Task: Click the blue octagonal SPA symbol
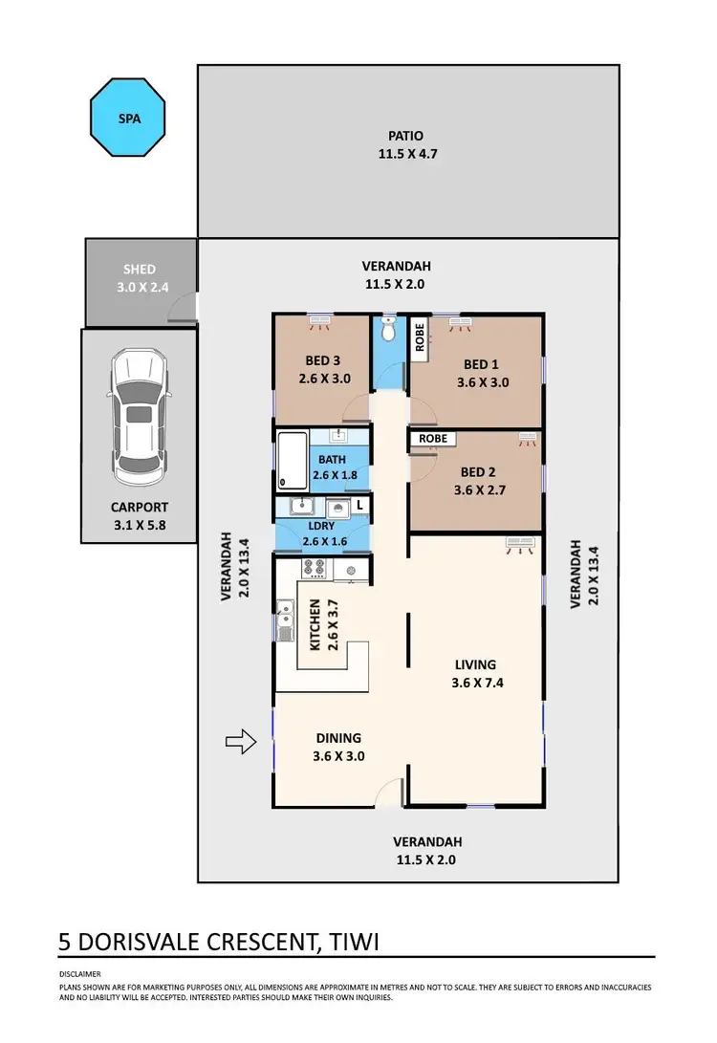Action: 128,120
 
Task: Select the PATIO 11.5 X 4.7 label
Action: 405,144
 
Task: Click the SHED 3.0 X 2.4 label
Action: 139,277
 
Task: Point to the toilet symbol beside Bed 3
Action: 388,331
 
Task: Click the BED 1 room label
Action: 481,373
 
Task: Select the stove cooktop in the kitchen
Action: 315,569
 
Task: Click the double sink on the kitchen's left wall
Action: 285,619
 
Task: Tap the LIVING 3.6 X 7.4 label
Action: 475,673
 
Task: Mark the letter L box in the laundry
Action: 359,504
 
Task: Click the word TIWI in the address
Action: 354,942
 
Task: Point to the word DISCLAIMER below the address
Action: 79,973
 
